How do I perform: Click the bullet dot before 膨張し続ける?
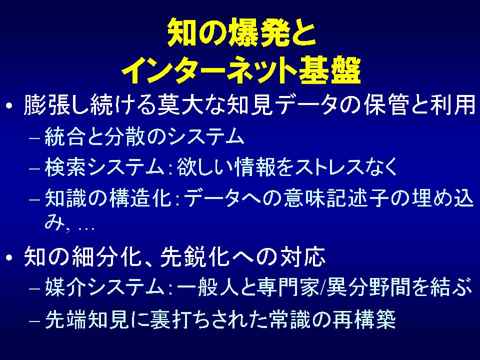[9, 106]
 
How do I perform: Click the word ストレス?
[329, 167]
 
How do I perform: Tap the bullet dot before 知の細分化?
[9, 257]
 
